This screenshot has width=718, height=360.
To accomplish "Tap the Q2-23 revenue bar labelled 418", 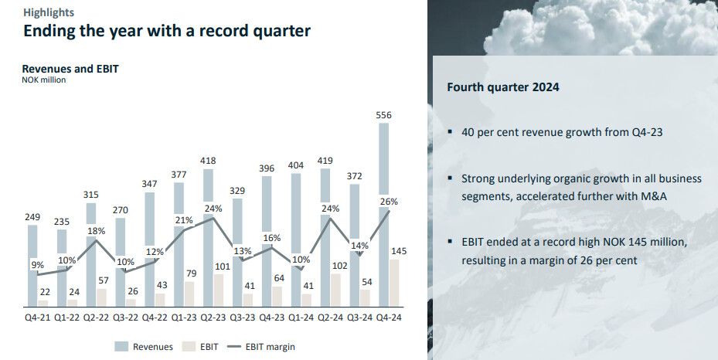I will [207, 232].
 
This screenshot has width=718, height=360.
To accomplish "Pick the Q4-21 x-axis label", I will [38, 317].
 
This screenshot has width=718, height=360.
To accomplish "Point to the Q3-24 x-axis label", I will [359, 317].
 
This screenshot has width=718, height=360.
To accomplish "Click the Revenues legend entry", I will [145, 347].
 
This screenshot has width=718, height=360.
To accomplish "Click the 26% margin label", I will [389, 202].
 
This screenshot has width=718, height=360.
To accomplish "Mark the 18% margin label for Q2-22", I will [96, 231].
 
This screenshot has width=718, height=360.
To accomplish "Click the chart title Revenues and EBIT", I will [70, 68].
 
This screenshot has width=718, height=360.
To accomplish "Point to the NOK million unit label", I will [44, 80].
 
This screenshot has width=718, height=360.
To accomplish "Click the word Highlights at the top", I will [49, 12].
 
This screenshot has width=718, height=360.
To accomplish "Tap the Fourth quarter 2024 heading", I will [503, 87].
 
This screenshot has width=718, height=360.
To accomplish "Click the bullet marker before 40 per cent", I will [450, 131].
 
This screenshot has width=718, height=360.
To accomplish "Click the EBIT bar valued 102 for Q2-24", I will [336, 290].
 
